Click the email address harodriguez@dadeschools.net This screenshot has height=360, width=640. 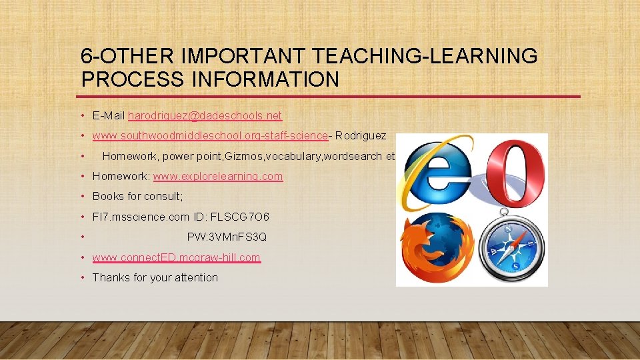click(x=205, y=116)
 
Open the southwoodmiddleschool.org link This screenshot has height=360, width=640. click(x=211, y=136)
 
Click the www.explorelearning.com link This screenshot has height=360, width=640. click(x=218, y=177)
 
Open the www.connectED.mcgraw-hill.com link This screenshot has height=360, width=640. click(x=177, y=257)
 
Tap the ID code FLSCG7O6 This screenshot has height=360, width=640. click(x=240, y=217)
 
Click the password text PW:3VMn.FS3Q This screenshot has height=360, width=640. click(x=227, y=237)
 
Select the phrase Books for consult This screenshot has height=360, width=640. click(x=137, y=197)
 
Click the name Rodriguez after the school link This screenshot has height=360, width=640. click(x=361, y=136)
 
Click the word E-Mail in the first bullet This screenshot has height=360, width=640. click(x=109, y=116)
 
